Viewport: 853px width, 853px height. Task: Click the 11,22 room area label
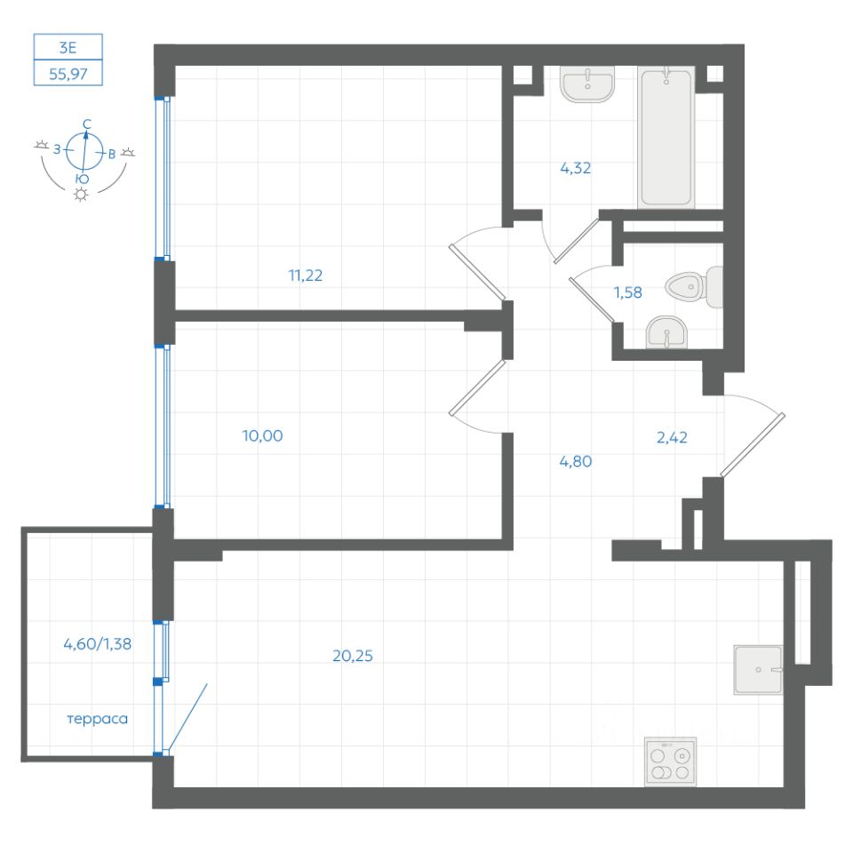pyautogui.click(x=305, y=275)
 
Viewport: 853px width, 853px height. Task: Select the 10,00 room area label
pyautogui.click(x=262, y=435)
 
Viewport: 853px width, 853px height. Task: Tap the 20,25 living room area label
pyautogui.click(x=353, y=656)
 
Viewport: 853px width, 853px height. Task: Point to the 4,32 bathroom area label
pyautogui.click(x=575, y=168)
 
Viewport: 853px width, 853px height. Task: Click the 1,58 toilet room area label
pyautogui.click(x=628, y=292)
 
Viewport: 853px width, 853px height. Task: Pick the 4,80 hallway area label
pyautogui.click(x=575, y=461)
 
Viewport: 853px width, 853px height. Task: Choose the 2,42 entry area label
pyautogui.click(x=672, y=437)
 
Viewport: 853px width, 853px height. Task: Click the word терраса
pyautogui.click(x=98, y=719)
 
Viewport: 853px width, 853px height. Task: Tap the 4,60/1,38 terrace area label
pyautogui.click(x=98, y=644)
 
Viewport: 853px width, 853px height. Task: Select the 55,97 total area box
pyautogui.click(x=68, y=73)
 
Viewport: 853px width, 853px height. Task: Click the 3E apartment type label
pyautogui.click(x=68, y=48)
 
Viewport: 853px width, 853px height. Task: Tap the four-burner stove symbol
pyautogui.click(x=670, y=761)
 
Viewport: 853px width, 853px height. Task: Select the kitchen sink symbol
pyautogui.click(x=758, y=670)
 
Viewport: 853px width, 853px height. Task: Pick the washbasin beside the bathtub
pyautogui.click(x=587, y=84)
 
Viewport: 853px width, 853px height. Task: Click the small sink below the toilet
pyautogui.click(x=666, y=332)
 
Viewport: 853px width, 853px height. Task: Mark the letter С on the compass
pyautogui.click(x=87, y=124)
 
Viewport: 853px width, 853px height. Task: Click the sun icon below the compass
pyautogui.click(x=81, y=195)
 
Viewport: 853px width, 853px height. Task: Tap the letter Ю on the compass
pyautogui.click(x=82, y=179)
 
